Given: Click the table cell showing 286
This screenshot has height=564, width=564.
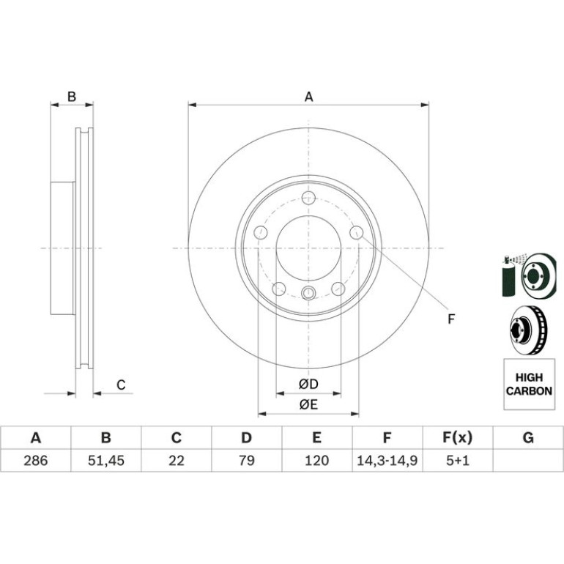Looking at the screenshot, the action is pos(36,461).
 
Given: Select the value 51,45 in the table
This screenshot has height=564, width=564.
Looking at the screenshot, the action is pos(106,461).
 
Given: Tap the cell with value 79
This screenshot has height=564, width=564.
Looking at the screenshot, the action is pos(247,461).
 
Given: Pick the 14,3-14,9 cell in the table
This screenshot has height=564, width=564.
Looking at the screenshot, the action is pos(387,461).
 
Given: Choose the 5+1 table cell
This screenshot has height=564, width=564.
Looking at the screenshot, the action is pos(458,461).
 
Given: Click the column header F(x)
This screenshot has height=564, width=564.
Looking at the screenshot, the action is pos(458,438).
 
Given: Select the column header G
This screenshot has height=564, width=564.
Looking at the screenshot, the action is pos(528,438).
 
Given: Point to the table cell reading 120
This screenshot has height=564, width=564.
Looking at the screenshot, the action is pos(317,461).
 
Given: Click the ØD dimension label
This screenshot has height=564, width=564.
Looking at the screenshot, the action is pos(308,384).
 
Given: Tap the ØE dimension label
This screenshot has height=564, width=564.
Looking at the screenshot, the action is pos(308,404).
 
